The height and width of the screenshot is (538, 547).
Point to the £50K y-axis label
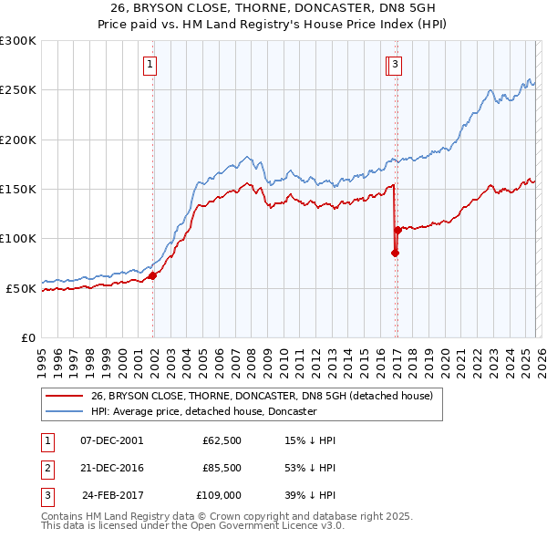click(x=21, y=288)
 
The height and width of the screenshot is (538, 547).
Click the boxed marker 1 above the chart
click(x=150, y=64)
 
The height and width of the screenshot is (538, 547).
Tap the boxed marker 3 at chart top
click(x=397, y=64)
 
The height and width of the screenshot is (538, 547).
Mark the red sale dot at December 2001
click(x=152, y=275)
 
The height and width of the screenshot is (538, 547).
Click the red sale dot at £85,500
click(x=395, y=253)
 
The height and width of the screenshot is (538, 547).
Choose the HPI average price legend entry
click(x=202, y=411)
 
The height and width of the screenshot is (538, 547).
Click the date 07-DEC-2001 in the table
click(x=111, y=440)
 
